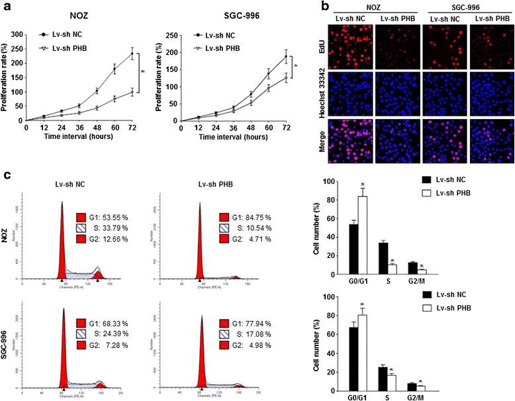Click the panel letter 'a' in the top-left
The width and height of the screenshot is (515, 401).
pyautogui.click(x=6, y=7)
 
